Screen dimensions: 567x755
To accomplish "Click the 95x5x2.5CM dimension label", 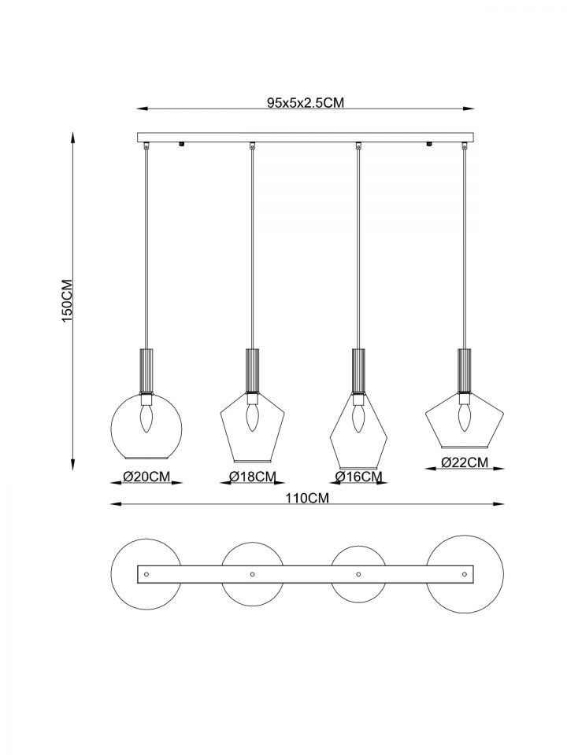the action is click(306, 102).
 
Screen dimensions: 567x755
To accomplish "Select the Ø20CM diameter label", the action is click(146, 477).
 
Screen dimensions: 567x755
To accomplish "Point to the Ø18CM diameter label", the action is click(253, 477).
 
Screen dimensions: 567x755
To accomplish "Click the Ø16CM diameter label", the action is click(359, 477).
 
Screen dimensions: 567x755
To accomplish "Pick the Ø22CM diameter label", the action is click(465, 462).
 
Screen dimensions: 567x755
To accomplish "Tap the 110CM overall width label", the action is click(306, 498).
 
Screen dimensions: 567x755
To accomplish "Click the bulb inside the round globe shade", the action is click(146, 418).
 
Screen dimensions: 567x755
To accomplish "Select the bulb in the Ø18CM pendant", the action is click(252, 417).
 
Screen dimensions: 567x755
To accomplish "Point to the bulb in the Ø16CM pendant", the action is click(358, 418).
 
